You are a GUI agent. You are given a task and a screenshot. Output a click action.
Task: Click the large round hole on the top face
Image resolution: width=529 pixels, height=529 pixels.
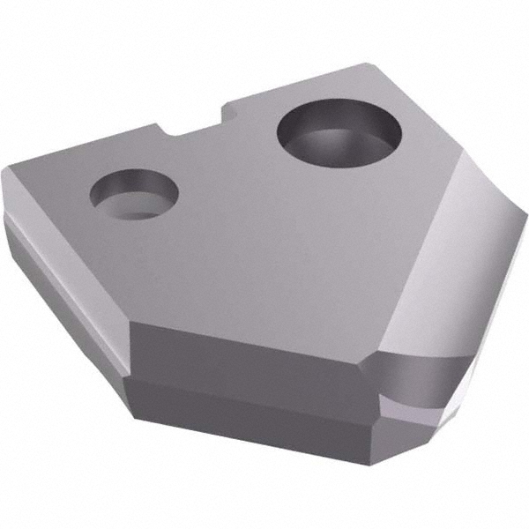tap(339, 133)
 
